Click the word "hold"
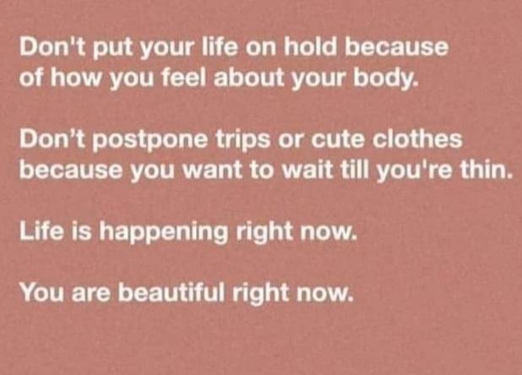tap(310, 47)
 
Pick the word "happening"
tap(164, 233)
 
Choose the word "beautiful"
tap(171, 292)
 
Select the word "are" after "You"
tap(90, 296)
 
